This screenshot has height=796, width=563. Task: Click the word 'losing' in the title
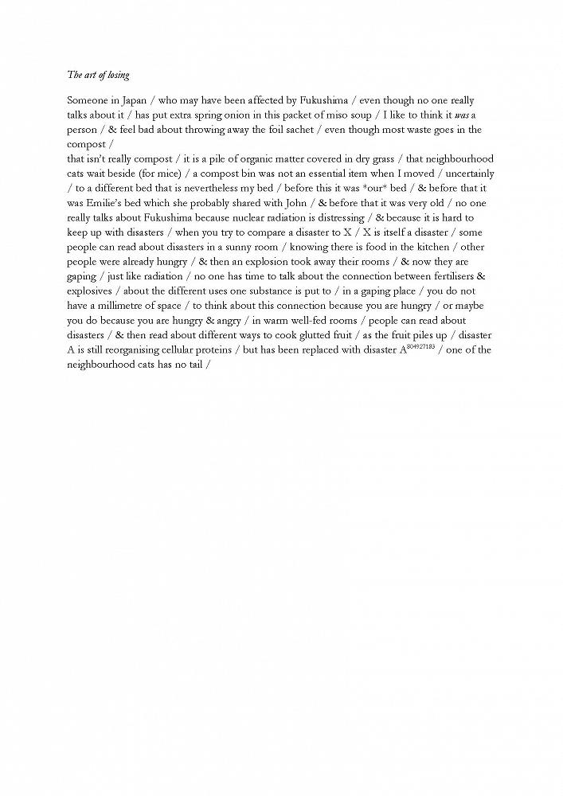pos(116,75)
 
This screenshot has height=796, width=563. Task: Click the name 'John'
pos(295,203)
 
